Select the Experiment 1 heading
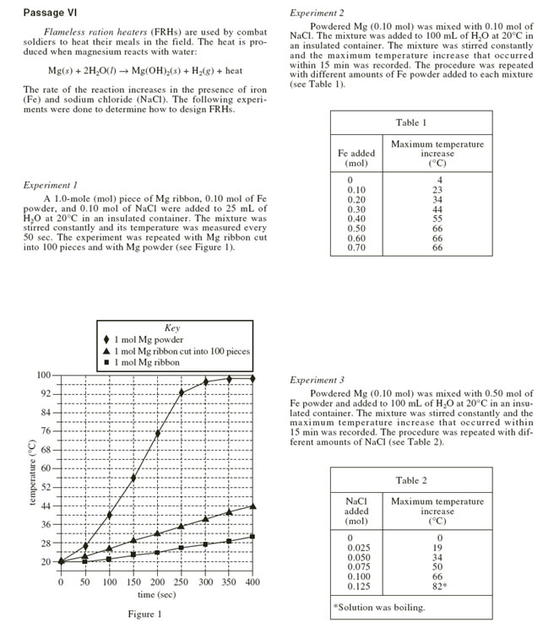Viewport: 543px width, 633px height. point(52,185)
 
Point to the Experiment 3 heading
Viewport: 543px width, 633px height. point(318,381)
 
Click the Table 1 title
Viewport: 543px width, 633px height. point(413,123)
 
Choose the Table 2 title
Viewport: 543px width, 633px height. point(413,480)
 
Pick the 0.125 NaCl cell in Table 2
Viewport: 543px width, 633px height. point(356,585)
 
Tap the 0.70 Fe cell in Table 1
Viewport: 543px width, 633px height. point(356,248)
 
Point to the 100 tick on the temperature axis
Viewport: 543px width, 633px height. point(45,376)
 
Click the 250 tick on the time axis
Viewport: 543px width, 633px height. point(205,583)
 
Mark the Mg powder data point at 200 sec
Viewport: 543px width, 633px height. point(158,434)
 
